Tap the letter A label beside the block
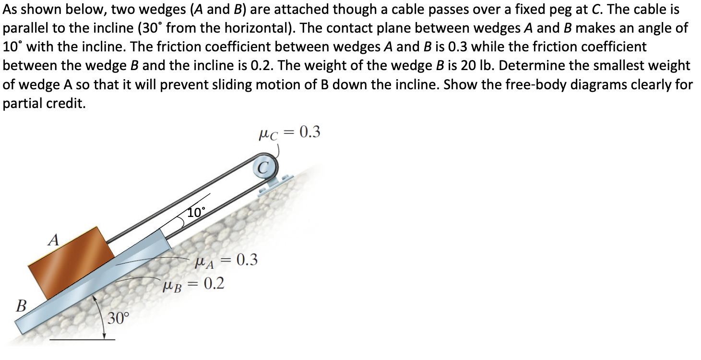(x=55, y=239)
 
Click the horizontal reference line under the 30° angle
(x=82, y=340)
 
